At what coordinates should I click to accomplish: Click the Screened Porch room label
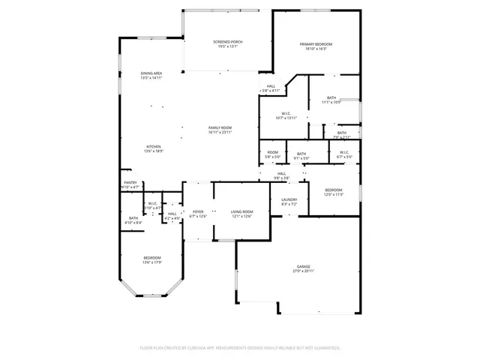(227, 42)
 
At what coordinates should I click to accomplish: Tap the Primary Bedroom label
(316, 45)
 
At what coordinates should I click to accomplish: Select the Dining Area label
(151, 73)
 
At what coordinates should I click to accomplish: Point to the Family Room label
(220, 128)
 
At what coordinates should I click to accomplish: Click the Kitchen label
(153, 146)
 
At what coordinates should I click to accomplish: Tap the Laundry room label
(289, 199)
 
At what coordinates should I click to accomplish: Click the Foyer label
(198, 212)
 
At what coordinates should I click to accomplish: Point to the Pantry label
(130, 182)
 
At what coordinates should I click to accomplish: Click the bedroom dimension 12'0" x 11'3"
(333, 194)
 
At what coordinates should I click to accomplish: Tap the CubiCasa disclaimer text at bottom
(240, 348)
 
